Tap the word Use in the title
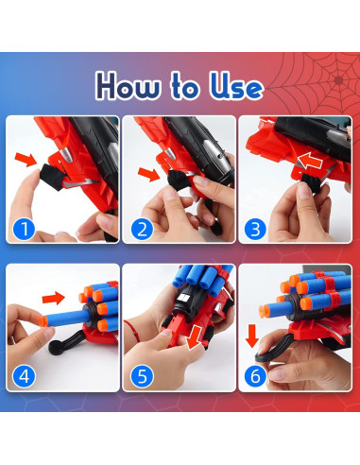236,85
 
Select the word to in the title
185,85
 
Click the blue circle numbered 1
24,229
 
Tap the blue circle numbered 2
142,229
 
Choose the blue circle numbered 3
255,229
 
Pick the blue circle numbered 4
24,376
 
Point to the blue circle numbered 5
142,376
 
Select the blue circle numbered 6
255,376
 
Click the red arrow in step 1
26,159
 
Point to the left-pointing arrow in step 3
310,161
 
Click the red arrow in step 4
54,298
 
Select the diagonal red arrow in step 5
195,337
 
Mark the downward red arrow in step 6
252,336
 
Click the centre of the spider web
338,80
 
